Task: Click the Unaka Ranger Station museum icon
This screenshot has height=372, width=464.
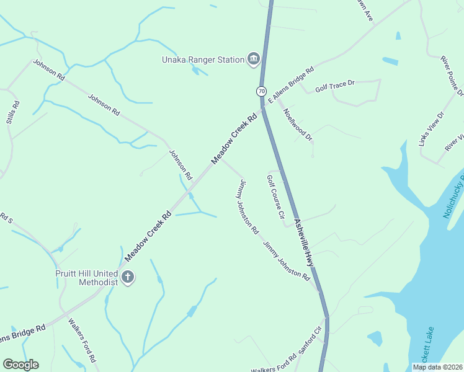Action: pyautogui.click(x=253, y=60)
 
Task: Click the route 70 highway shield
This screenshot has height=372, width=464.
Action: pyautogui.click(x=262, y=91)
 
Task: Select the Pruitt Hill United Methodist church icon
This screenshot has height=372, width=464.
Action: pyautogui.click(x=127, y=277)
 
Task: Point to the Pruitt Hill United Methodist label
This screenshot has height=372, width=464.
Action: pyautogui.click(x=89, y=277)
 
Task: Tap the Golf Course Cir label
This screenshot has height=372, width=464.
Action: pyautogui.click(x=275, y=198)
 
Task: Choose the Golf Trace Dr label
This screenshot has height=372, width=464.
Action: pyautogui.click(x=334, y=86)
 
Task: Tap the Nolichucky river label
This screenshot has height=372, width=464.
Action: pyautogui.click(x=454, y=196)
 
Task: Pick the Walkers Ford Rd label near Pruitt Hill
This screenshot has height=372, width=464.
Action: pyautogui.click(x=83, y=340)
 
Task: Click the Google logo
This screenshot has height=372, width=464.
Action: pyautogui.click(x=20, y=365)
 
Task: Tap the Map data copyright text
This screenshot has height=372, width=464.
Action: pyautogui.click(x=437, y=367)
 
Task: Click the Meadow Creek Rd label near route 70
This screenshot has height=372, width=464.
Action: pyautogui.click(x=234, y=138)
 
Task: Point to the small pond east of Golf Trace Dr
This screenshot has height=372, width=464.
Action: pyautogui.click(x=390, y=61)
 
